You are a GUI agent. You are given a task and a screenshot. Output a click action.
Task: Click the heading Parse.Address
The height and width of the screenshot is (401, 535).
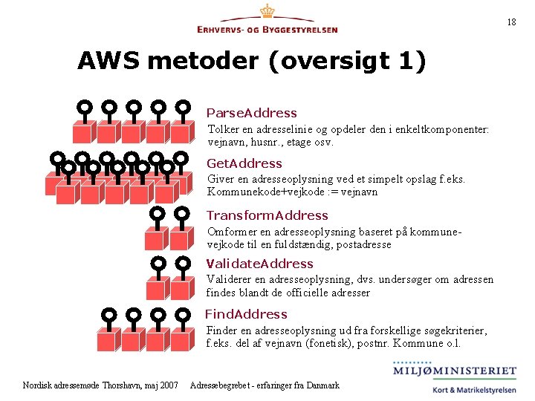tap(251, 113)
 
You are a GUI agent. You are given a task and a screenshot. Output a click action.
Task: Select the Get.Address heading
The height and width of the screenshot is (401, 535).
tap(244, 163)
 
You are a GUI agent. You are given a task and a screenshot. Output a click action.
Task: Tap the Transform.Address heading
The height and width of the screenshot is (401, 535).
tap(267, 215)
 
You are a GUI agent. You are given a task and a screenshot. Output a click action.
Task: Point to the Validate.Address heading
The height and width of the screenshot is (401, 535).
tap(259, 264)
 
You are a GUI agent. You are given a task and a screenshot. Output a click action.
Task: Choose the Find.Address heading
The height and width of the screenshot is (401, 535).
tap(246, 314)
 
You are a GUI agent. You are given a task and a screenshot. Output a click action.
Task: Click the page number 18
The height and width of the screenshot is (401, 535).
tap(511, 22)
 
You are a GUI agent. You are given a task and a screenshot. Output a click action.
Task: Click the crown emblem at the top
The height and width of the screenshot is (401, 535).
tap(267, 12)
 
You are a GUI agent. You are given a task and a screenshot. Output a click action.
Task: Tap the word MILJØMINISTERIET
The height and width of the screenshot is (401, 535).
tap(455, 371)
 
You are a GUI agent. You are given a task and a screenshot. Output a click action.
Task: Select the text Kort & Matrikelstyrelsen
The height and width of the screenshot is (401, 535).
tap(473, 390)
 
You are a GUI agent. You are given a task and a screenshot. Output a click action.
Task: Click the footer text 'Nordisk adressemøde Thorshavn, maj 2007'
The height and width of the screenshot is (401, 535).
tap(100, 385)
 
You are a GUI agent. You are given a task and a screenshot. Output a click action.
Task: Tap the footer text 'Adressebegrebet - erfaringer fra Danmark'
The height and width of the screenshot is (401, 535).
tap(265, 385)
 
